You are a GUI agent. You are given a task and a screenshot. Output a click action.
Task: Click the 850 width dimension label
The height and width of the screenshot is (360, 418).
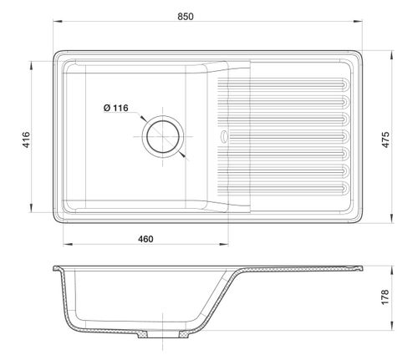(x=186, y=17)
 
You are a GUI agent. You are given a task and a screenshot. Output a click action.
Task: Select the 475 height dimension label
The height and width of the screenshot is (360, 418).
(x=385, y=139)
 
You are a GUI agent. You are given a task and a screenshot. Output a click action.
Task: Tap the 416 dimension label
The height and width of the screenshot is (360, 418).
(x=26, y=139)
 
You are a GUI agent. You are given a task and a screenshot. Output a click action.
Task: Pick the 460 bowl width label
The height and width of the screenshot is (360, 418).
(x=145, y=239)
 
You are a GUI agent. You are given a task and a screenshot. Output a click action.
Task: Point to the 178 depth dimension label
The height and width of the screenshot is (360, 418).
(x=385, y=297)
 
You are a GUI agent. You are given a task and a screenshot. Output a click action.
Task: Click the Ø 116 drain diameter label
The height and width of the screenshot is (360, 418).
(x=116, y=108)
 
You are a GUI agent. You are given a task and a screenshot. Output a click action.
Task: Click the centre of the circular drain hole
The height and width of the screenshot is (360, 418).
(x=163, y=137)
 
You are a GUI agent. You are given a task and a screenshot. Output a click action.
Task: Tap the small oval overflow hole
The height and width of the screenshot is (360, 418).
(x=224, y=136)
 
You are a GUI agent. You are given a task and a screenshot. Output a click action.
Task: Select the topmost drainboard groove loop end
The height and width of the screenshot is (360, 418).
(x=345, y=84)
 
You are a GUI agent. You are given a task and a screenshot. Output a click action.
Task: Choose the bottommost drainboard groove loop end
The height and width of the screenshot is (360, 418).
(x=345, y=189)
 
